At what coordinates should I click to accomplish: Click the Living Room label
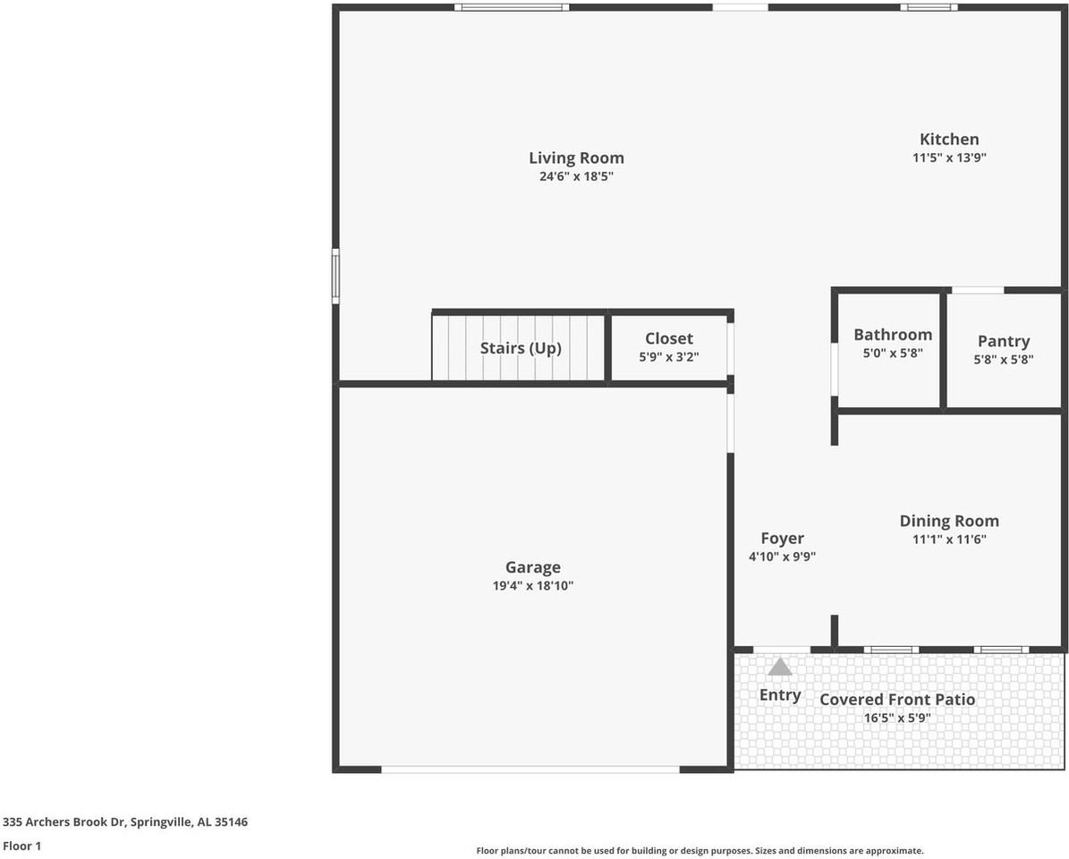pyautogui.click(x=576, y=158)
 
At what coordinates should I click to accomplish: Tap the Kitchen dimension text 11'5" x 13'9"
pyautogui.click(x=949, y=157)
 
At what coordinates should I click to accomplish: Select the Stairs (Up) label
pyautogui.click(x=521, y=348)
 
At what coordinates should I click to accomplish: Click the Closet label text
pyautogui.click(x=669, y=338)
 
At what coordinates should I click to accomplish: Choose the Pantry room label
pyautogui.click(x=1003, y=341)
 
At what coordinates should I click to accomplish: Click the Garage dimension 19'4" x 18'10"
pyautogui.click(x=532, y=586)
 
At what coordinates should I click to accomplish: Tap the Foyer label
pyautogui.click(x=782, y=538)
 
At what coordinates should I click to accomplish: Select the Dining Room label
pyautogui.click(x=949, y=521)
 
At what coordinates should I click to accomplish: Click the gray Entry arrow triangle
pyautogui.click(x=780, y=667)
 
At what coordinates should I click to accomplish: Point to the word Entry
pyautogui.click(x=780, y=694)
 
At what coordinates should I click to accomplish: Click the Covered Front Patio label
pyautogui.click(x=897, y=699)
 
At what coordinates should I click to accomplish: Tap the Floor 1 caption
pyautogui.click(x=22, y=846)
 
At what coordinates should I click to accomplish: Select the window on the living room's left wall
pyautogui.click(x=335, y=276)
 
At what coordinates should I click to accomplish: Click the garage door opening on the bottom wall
pyautogui.click(x=530, y=769)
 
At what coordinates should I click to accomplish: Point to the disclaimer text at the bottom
pyautogui.click(x=700, y=851)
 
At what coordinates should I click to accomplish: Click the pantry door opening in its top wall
pyautogui.click(x=977, y=290)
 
